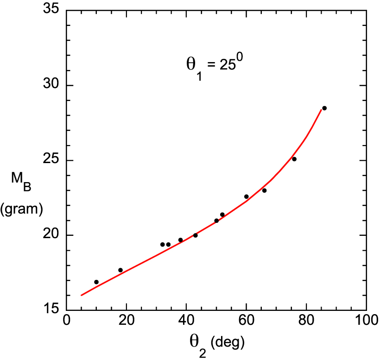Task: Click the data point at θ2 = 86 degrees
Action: click(x=324, y=108)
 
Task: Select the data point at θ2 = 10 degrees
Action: click(x=96, y=282)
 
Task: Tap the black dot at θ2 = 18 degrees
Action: click(x=120, y=270)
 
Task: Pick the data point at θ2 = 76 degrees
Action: click(x=294, y=159)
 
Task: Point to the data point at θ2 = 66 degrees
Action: click(x=264, y=190)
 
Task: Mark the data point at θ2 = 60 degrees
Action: click(x=247, y=196)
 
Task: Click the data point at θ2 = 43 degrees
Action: click(x=196, y=235)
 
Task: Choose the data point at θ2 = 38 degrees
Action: click(x=180, y=240)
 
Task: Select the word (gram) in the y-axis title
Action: click(x=22, y=209)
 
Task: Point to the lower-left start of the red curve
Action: click(x=82, y=295)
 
